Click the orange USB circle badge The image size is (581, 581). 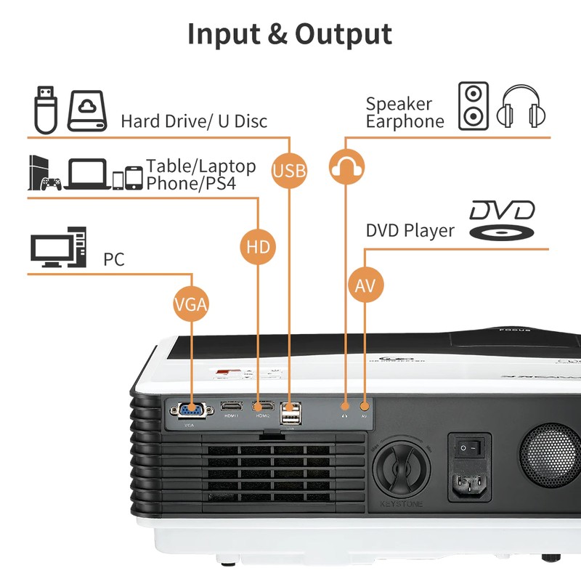click(x=289, y=171)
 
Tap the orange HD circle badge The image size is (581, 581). click(x=258, y=247)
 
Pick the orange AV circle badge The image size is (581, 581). click(x=365, y=286)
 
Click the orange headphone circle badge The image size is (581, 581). click(x=346, y=166)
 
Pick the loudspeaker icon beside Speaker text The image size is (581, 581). click(x=473, y=106)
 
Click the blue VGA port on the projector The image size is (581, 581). click(x=192, y=410)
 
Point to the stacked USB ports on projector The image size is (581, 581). click(x=290, y=415)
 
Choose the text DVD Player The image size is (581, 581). click(x=410, y=231)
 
